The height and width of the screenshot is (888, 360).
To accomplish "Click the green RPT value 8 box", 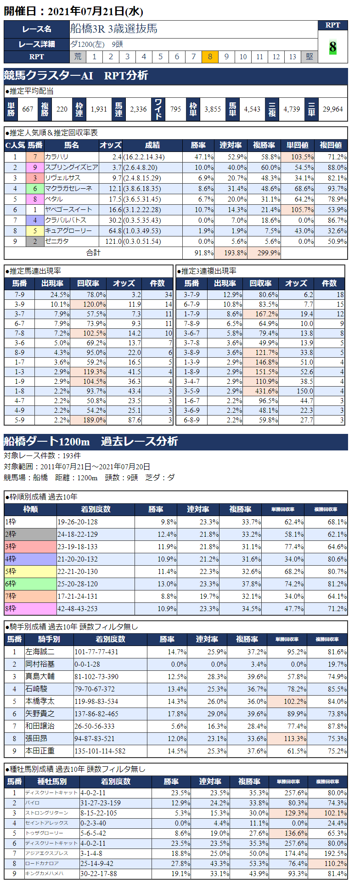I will point(332,47).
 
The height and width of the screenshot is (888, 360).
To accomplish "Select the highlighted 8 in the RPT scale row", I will point(210,56).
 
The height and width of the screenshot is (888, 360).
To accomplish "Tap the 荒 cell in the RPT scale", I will point(78,56).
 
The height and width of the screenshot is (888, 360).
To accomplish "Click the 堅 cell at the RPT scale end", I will point(309,56).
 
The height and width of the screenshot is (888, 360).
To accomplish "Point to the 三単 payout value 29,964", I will point(332,109).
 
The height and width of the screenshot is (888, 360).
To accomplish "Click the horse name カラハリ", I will point(56,157).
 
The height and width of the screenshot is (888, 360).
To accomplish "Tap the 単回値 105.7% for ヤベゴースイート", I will point(297,210).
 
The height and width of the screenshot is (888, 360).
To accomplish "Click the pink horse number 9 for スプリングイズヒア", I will point(35,168).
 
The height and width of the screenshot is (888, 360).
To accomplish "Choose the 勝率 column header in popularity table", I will point(198,145).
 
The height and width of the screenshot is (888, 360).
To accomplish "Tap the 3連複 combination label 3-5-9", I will point(192,391).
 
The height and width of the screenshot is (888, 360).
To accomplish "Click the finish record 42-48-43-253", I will point(78,609).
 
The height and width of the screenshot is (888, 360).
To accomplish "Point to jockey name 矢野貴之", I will point(40,714).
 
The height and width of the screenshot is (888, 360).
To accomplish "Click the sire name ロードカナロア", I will point(42,864).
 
